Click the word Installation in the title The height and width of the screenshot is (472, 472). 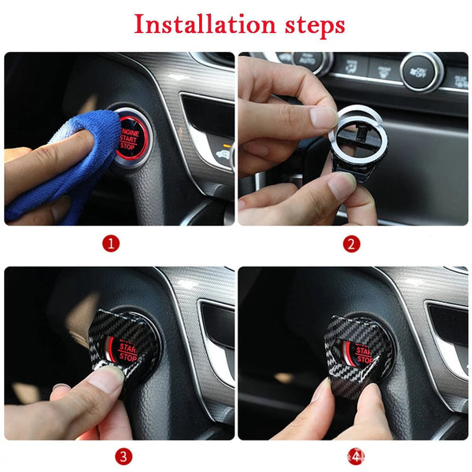[x=203, y=24]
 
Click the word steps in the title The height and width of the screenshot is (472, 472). [x=310, y=26]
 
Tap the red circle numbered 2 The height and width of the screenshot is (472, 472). [x=352, y=244]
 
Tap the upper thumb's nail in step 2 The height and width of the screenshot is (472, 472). [x=323, y=116]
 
